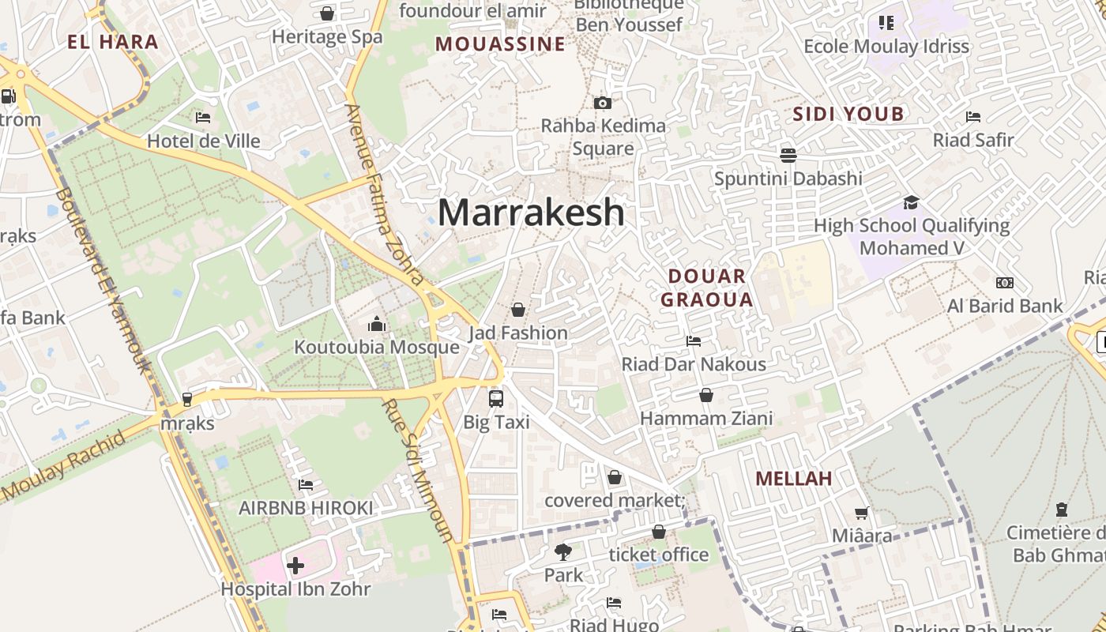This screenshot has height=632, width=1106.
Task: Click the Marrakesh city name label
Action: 531,213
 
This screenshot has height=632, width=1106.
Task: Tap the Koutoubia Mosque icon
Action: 376,324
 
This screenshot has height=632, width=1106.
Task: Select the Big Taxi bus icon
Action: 496,399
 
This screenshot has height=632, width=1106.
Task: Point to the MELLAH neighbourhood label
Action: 793,478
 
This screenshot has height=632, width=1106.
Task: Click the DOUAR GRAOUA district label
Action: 706,288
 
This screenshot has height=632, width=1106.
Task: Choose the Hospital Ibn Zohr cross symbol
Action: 295,566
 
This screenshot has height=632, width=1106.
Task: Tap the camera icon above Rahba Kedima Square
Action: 603,103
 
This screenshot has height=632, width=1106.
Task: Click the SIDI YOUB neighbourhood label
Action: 848,114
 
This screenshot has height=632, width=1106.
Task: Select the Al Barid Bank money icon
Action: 1004,283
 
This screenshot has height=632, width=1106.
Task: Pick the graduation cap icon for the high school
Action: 911,202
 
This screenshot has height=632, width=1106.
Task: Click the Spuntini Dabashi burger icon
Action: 788,155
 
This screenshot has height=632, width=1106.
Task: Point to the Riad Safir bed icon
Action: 973,117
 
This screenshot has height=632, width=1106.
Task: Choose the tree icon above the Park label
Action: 562,551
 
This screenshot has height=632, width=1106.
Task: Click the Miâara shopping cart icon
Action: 861,513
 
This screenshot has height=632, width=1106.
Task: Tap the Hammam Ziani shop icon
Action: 705,395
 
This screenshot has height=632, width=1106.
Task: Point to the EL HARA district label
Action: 113,42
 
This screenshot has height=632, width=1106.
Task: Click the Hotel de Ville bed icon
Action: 203,118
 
